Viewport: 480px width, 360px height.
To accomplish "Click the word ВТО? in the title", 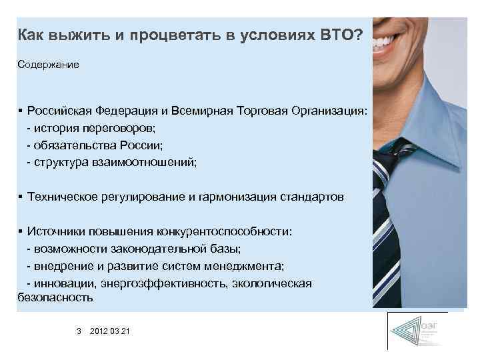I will [339, 34].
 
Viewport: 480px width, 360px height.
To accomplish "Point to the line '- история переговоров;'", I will [87, 127].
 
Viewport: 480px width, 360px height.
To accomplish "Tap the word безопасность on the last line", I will [55, 297].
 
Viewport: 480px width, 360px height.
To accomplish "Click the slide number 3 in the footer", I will [78, 331].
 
